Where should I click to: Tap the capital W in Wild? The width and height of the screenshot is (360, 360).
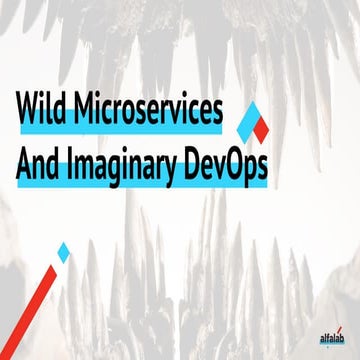pyautogui.click(x=28, y=108)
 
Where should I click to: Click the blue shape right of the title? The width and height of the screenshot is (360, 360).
pyautogui.click(x=245, y=119)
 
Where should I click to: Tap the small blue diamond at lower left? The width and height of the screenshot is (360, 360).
pyautogui.click(x=63, y=252)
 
